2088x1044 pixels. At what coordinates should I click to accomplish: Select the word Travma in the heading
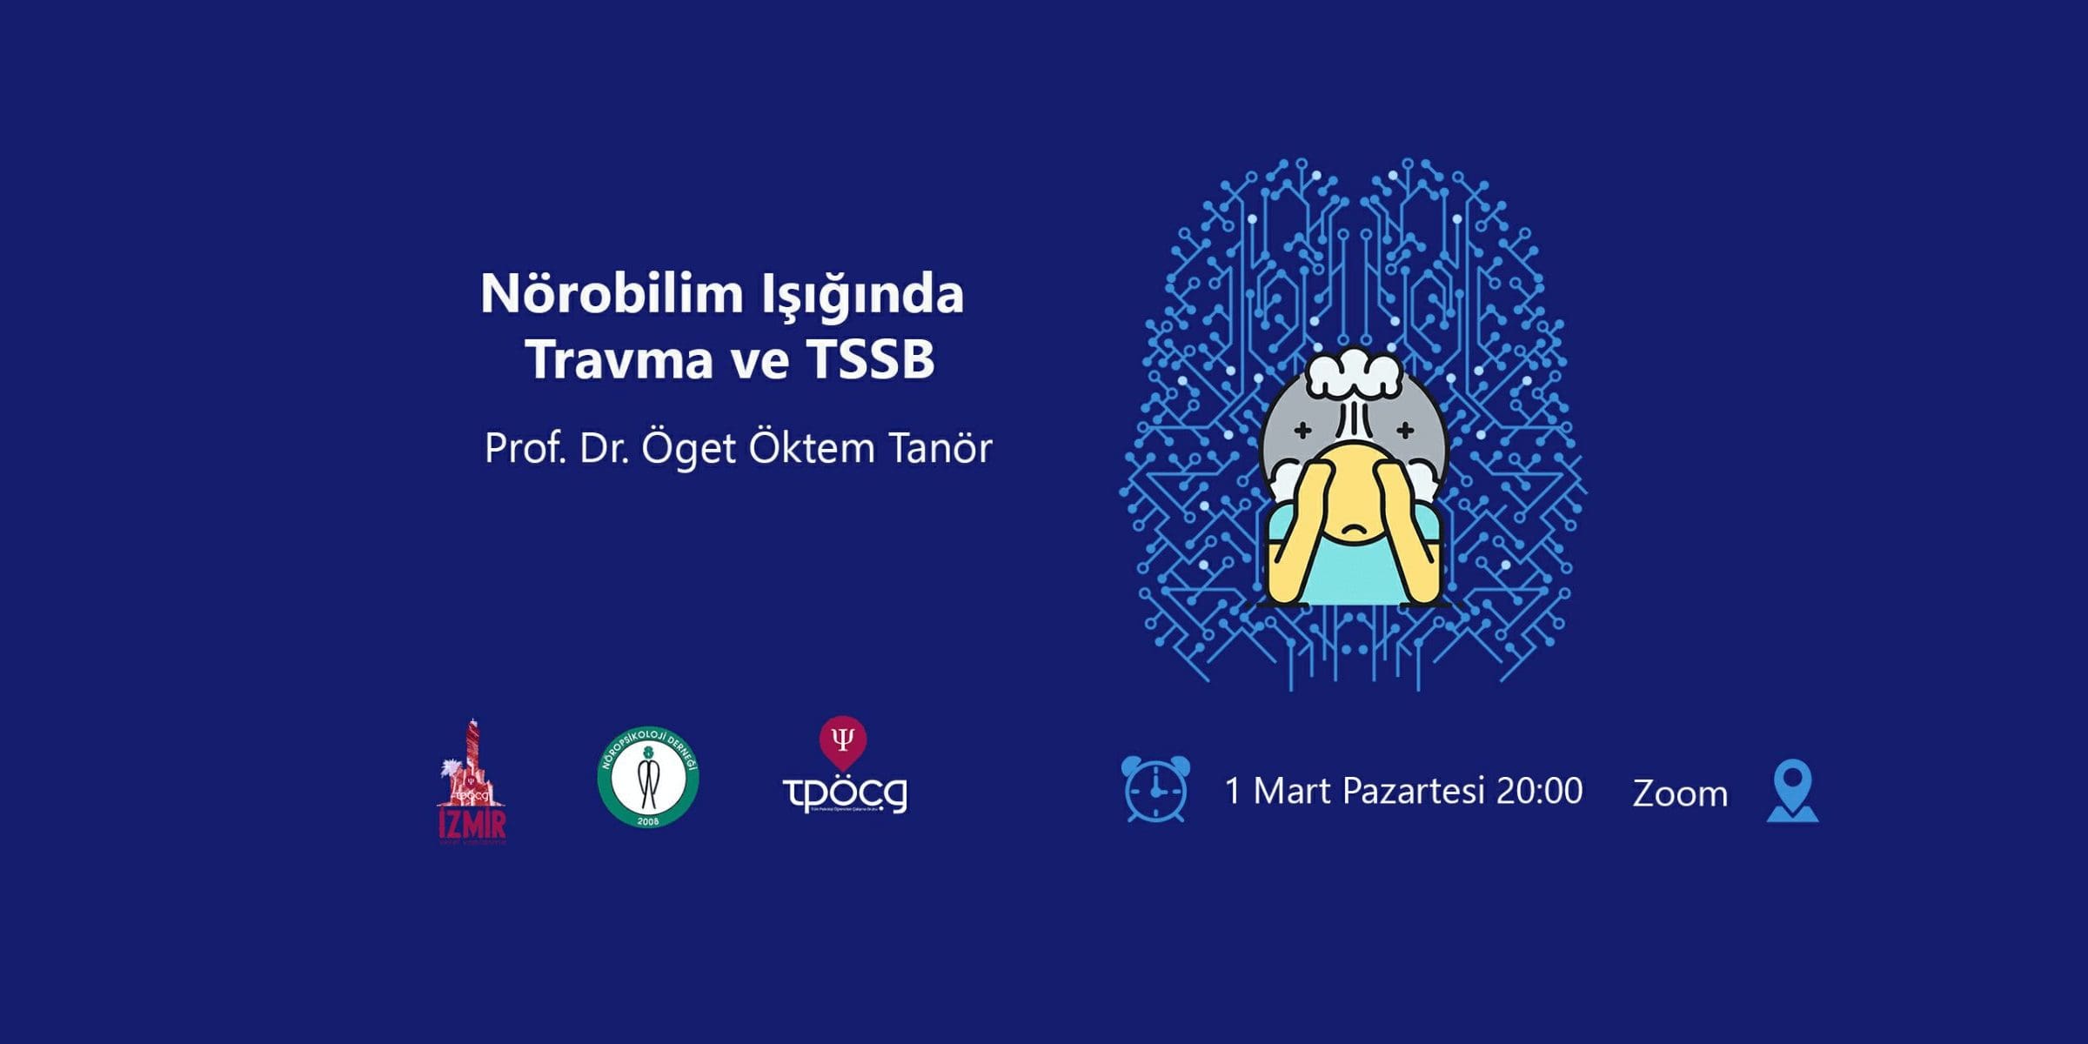click(x=619, y=358)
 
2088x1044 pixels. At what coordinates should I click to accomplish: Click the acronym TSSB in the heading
click(x=870, y=358)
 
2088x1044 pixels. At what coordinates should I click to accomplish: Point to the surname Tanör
click(x=940, y=449)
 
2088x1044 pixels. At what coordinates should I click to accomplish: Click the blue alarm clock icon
click(x=1155, y=789)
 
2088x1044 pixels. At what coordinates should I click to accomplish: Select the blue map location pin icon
click(x=1792, y=789)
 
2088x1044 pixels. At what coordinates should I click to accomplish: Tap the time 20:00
click(x=1539, y=791)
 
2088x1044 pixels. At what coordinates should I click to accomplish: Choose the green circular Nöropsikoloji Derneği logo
click(x=648, y=777)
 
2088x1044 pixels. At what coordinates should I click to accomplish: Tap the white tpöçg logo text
click(x=845, y=793)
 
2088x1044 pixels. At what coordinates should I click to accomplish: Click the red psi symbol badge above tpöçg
click(x=842, y=740)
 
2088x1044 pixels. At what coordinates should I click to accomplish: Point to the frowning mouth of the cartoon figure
click(x=1352, y=528)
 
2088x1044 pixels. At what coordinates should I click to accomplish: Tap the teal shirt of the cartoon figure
click(x=1354, y=574)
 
